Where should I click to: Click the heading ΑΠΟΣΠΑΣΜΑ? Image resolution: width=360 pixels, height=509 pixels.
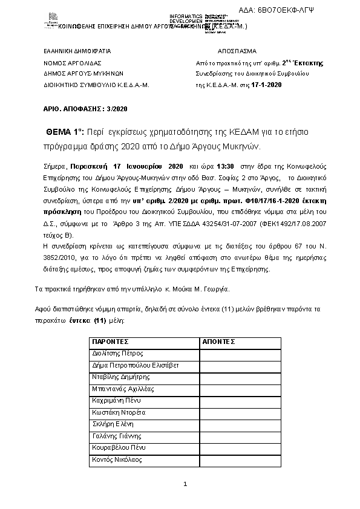[x=237, y=51]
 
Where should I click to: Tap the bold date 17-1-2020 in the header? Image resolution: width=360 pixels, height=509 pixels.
[x=267, y=85]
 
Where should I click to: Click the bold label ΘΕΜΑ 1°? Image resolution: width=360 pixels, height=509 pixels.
[x=65, y=132]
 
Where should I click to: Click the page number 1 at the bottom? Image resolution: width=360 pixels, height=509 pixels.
[x=185, y=484]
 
